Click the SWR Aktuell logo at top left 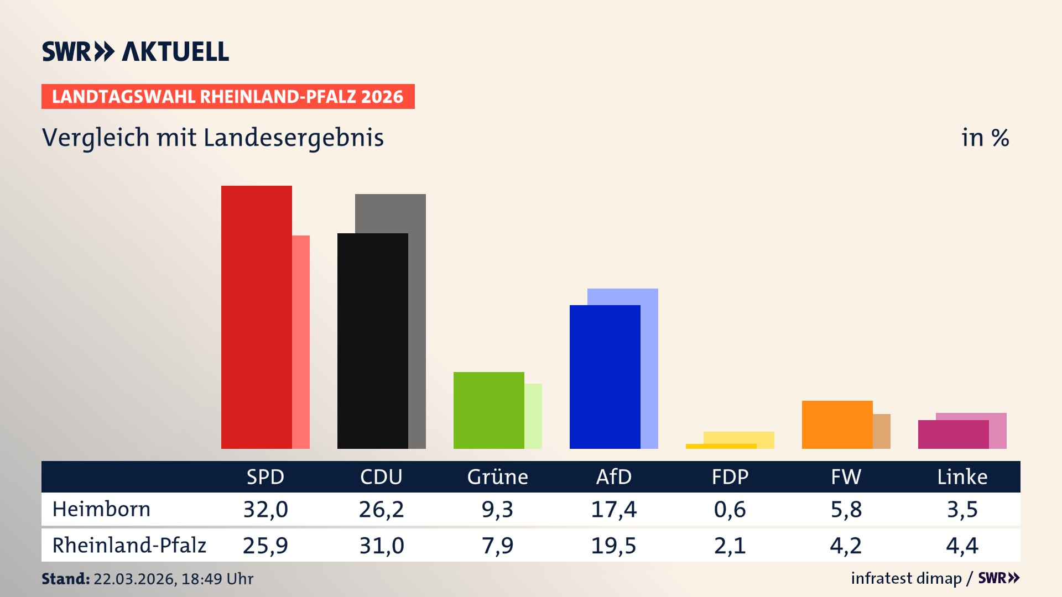[135, 51]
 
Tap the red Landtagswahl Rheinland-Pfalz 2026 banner [228, 97]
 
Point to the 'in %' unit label [985, 138]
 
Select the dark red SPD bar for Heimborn [256, 317]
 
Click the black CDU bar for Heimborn [372, 341]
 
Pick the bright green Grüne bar [488, 410]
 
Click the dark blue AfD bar [605, 377]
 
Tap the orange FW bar [837, 425]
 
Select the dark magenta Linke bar [953, 434]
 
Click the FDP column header [730, 477]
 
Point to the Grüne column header [497, 477]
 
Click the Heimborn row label [101, 509]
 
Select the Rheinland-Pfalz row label [129, 546]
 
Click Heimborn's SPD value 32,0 [265, 509]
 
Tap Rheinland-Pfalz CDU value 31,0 [382, 546]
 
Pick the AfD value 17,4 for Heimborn [613, 509]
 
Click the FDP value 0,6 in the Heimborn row [730, 509]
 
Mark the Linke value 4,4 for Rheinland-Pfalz [962, 546]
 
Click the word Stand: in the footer [65, 579]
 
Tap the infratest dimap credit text [906, 578]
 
